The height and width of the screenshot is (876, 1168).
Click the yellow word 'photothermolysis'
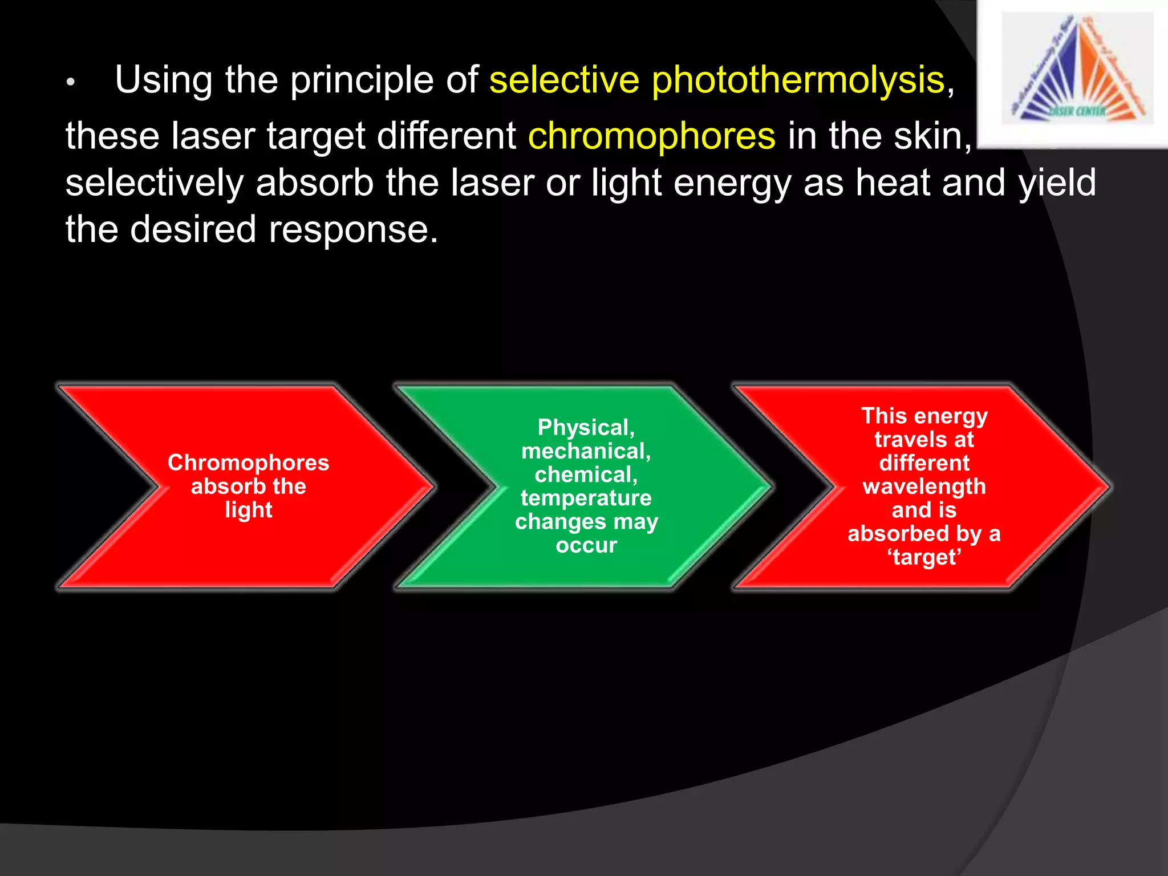798,80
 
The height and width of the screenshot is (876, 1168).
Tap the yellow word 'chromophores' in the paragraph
651,136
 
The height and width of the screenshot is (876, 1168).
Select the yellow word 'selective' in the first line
563,80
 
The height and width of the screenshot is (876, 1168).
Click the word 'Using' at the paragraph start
164,80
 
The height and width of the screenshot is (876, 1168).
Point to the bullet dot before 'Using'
70,83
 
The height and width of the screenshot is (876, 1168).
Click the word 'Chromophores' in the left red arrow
248,463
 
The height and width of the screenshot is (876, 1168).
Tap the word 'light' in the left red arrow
248,510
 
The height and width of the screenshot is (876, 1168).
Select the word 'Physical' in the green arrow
583,428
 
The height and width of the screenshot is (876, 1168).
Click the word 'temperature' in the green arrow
586,498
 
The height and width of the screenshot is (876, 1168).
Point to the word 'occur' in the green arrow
586,545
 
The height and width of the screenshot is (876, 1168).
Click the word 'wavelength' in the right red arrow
924,486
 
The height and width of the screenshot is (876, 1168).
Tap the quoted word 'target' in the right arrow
924,557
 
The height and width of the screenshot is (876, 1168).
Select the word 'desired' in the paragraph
193,230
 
